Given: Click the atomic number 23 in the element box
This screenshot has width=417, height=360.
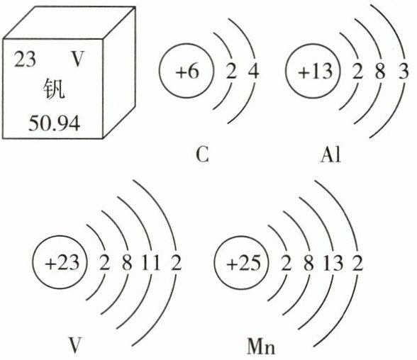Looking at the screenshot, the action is click(x=25, y=59).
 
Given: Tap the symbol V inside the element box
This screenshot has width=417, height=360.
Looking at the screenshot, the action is click(x=77, y=59).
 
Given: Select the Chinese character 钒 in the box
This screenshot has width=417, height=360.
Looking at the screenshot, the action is click(x=54, y=89).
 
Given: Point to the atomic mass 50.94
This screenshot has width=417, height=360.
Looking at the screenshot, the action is click(x=54, y=123).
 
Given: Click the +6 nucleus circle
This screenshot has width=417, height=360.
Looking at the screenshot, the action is click(x=186, y=71).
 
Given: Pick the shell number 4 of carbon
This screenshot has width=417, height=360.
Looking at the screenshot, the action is click(x=253, y=71).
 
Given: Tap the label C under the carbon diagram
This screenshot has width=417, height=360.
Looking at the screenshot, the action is click(x=202, y=155).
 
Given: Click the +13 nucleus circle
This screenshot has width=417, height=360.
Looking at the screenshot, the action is click(x=313, y=71).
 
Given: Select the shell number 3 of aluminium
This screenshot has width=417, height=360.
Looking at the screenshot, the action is click(x=403, y=71).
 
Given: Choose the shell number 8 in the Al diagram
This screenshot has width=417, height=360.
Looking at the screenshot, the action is click(x=380, y=71).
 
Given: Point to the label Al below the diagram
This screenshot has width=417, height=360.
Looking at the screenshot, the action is click(x=330, y=154).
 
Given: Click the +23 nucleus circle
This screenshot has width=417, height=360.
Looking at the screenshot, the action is click(x=60, y=262).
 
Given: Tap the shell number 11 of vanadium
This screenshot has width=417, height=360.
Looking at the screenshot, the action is click(x=151, y=262).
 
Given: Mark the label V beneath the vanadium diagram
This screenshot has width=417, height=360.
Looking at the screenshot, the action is click(x=74, y=344).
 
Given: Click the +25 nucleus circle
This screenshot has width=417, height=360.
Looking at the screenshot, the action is click(x=241, y=262).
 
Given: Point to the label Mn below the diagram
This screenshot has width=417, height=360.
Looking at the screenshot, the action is click(x=261, y=346).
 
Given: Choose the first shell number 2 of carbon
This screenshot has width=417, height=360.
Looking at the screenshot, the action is click(x=231, y=71).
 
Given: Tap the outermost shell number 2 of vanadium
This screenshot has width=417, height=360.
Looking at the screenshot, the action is click(x=176, y=262).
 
